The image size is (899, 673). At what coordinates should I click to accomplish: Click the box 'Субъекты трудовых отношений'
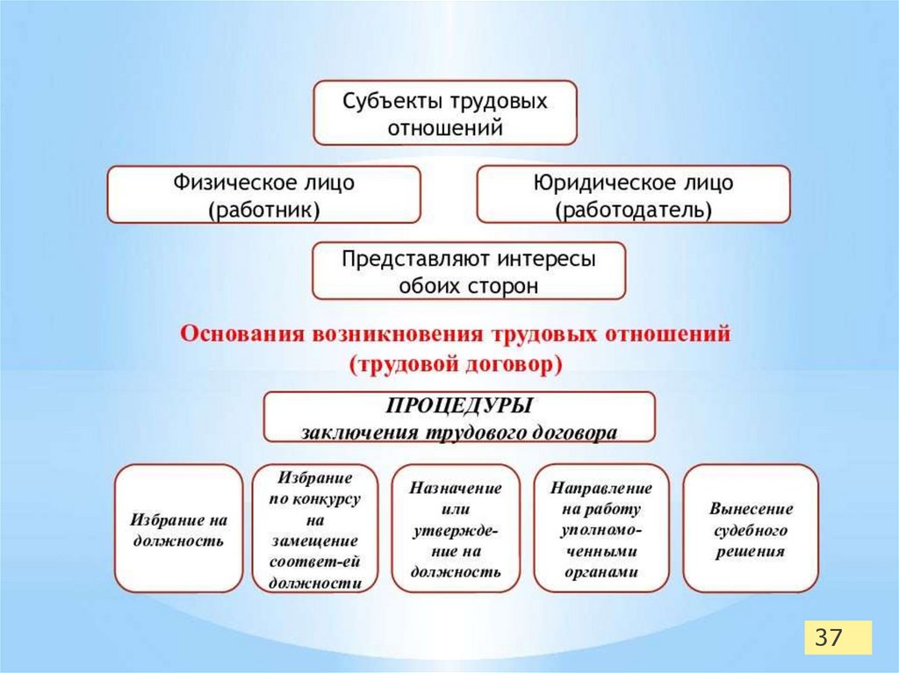click(x=444, y=113)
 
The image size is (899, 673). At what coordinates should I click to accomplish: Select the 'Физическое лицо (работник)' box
click(x=263, y=195)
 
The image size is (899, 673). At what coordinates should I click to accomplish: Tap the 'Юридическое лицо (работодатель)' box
click(x=633, y=195)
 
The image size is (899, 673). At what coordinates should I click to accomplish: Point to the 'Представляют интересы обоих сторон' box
click(x=469, y=271)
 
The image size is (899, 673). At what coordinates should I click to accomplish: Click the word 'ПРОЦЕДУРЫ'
click(x=459, y=406)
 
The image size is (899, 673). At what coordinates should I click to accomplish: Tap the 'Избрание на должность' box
click(x=178, y=528)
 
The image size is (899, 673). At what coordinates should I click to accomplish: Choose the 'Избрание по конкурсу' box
click(x=315, y=528)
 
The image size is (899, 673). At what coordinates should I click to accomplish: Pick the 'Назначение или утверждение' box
click(x=456, y=528)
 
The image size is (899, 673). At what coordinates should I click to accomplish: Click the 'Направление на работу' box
click(x=601, y=528)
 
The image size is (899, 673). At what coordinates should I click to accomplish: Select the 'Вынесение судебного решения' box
click(x=751, y=528)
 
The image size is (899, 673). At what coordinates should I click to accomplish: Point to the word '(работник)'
click(x=263, y=210)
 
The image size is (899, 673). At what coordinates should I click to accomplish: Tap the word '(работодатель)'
click(x=633, y=210)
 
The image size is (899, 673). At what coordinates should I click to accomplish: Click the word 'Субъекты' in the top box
click(x=384, y=100)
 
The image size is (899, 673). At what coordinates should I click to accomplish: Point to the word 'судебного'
click(x=751, y=530)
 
